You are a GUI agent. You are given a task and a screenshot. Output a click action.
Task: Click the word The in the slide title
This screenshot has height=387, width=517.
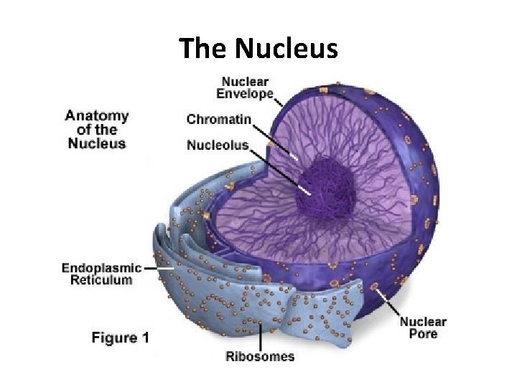coord(204,49)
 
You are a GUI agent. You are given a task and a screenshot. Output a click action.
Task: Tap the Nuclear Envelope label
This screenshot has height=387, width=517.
coord(246,87)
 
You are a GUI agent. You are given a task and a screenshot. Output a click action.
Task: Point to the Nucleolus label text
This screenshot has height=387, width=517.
coord(218,145)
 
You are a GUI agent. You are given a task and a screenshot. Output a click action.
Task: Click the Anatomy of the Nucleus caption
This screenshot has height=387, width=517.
coord(97,129)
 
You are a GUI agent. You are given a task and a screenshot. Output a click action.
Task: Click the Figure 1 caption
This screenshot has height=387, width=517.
coord(120,338)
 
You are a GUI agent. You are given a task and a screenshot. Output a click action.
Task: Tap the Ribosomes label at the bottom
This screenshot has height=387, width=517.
coord(260,356)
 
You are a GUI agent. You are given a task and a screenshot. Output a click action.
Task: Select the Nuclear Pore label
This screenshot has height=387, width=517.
coord(423,328)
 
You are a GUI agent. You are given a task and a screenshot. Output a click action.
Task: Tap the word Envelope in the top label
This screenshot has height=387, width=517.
coord(246,94)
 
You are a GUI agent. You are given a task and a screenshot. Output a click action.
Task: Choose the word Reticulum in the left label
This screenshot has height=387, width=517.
coord(101,280)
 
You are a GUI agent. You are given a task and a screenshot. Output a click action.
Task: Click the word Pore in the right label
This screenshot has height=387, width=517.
coord(423,334)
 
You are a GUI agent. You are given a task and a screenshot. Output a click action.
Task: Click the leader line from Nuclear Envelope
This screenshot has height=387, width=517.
coord(279,102)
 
